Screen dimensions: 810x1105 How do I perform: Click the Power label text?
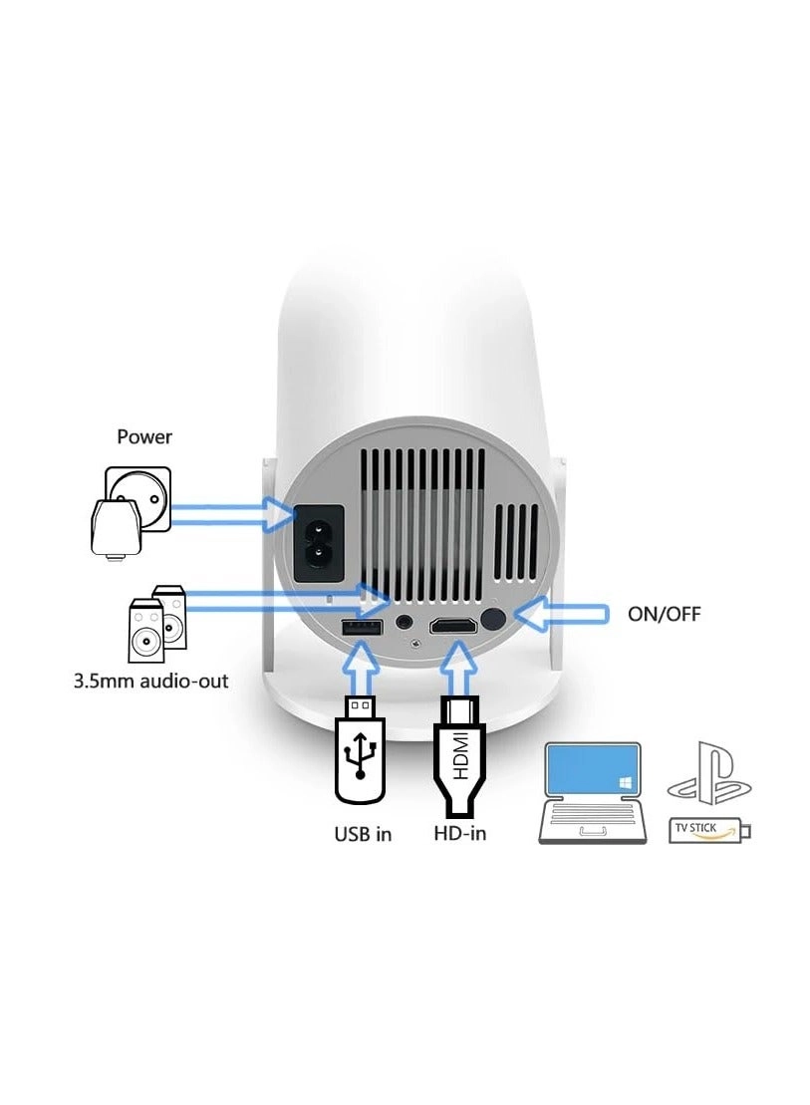pos(144,437)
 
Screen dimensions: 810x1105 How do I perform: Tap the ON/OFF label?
pos(665,614)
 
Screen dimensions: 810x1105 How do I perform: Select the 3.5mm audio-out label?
pos(150,682)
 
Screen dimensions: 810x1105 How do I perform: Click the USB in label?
pos(363,834)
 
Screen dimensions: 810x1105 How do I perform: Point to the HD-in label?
pos(459,833)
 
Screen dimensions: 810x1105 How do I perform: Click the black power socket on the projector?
pos(318,543)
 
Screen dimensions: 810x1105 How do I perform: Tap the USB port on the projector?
pos(362,627)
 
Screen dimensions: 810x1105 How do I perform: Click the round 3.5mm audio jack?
pos(405,623)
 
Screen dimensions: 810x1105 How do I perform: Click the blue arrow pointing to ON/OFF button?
pos(561,614)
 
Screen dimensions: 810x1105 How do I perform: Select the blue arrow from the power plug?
pos(232,514)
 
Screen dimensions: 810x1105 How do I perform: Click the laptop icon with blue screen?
pos(592,793)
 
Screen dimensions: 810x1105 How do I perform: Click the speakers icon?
pos(157,624)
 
